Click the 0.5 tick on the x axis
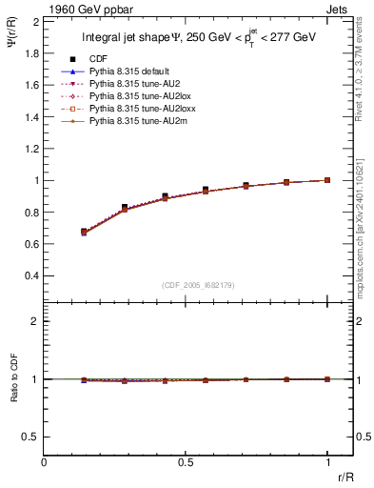pyautogui.click(x=187, y=463)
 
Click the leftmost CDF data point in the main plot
pyautogui.click(x=84, y=232)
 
